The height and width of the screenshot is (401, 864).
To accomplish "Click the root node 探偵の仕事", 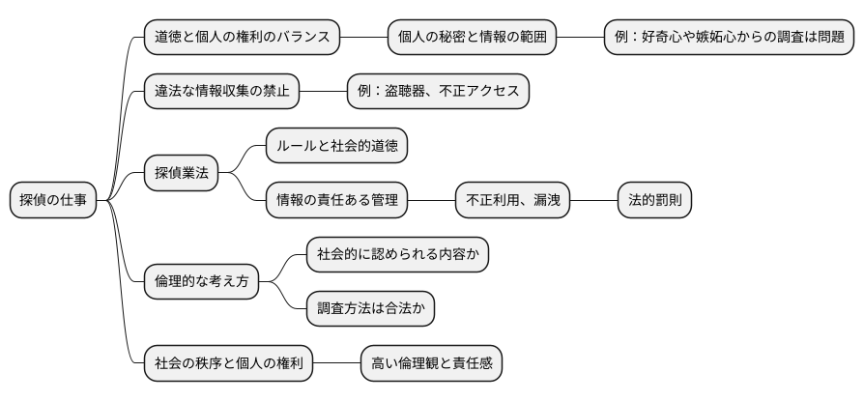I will click(53, 201).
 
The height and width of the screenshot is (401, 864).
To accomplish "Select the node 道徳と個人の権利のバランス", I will click(242, 38).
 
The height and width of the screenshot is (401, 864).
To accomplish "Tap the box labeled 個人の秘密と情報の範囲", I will click(472, 38).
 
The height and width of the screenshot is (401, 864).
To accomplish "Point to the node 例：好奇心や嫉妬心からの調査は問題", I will click(730, 38).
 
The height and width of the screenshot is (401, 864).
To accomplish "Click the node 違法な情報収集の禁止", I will click(221, 92).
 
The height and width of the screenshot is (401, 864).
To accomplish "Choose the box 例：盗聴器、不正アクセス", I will click(438, 92).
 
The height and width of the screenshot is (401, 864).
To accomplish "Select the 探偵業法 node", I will click(181, 174).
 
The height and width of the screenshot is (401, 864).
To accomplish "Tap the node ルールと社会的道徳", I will click(336, 147).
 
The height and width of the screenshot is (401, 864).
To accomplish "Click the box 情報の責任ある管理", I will click(336, 201).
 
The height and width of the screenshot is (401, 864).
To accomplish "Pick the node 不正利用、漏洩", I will click(512, 201).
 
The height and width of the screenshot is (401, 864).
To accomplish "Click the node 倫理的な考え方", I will click(201, 282).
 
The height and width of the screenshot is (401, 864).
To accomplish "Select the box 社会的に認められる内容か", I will click(397, 255).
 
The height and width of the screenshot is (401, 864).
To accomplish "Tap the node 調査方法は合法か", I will click(370, 309).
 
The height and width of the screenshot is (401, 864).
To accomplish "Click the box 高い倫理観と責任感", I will click(431, 364).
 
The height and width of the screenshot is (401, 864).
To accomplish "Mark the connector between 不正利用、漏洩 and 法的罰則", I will click(593, 201).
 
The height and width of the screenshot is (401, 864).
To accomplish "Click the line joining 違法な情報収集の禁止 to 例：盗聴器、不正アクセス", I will click(323, 92).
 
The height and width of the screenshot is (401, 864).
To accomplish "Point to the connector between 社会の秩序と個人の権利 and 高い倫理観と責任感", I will click(336, 364).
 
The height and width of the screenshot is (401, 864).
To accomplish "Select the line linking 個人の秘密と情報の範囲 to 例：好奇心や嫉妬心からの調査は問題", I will click(580, 38).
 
